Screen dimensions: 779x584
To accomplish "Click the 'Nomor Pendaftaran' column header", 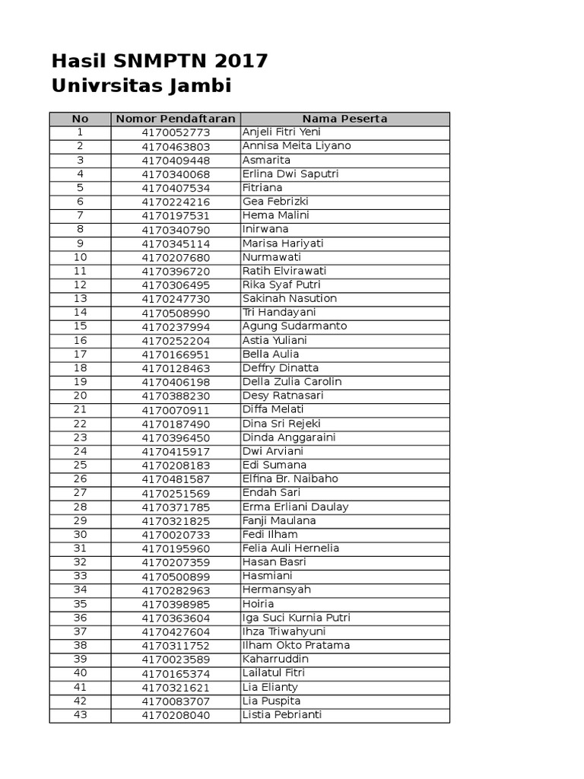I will tap(176, 119).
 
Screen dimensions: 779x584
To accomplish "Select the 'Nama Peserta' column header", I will tap(344, 119).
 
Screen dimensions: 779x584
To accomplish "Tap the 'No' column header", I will tap(80, 119).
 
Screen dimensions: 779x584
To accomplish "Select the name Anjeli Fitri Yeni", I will tap(281, 132).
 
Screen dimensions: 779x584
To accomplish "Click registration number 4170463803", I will tap(176, 146).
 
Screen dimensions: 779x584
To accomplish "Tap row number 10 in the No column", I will tap(80, 257).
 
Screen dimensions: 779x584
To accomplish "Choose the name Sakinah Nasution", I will tap(289, 299).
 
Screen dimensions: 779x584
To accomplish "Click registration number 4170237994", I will tap(176, 326).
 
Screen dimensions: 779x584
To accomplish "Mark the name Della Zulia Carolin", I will tap(292, 382).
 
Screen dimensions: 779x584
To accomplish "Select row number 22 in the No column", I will tap(80, 424).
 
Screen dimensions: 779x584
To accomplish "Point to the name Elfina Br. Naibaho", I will tap(290, 479).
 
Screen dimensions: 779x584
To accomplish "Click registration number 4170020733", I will tap(176, 535).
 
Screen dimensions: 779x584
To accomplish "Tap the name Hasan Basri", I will tap(274, 562).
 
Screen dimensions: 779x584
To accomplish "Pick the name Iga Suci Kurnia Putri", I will tap(296, 618).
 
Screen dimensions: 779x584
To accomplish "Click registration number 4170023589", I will tap(176, 660).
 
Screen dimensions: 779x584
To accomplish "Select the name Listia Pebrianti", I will tap(281, 715).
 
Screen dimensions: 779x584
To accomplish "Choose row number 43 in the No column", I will tap(80, 715).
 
